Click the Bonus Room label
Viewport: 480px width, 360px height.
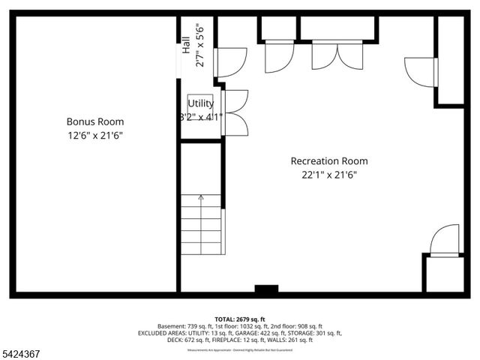95,121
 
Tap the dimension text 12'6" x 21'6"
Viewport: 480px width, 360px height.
95,136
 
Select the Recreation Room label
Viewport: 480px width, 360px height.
329,160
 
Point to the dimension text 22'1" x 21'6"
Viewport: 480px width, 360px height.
329,175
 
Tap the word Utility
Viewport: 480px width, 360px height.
200,103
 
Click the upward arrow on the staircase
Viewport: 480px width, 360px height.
201,198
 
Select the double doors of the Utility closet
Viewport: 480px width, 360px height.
235,112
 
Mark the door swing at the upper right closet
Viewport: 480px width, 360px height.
421,72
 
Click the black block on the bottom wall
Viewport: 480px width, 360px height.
266,289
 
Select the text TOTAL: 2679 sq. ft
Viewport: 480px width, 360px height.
240,319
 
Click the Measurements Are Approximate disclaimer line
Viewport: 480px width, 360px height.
240,349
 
